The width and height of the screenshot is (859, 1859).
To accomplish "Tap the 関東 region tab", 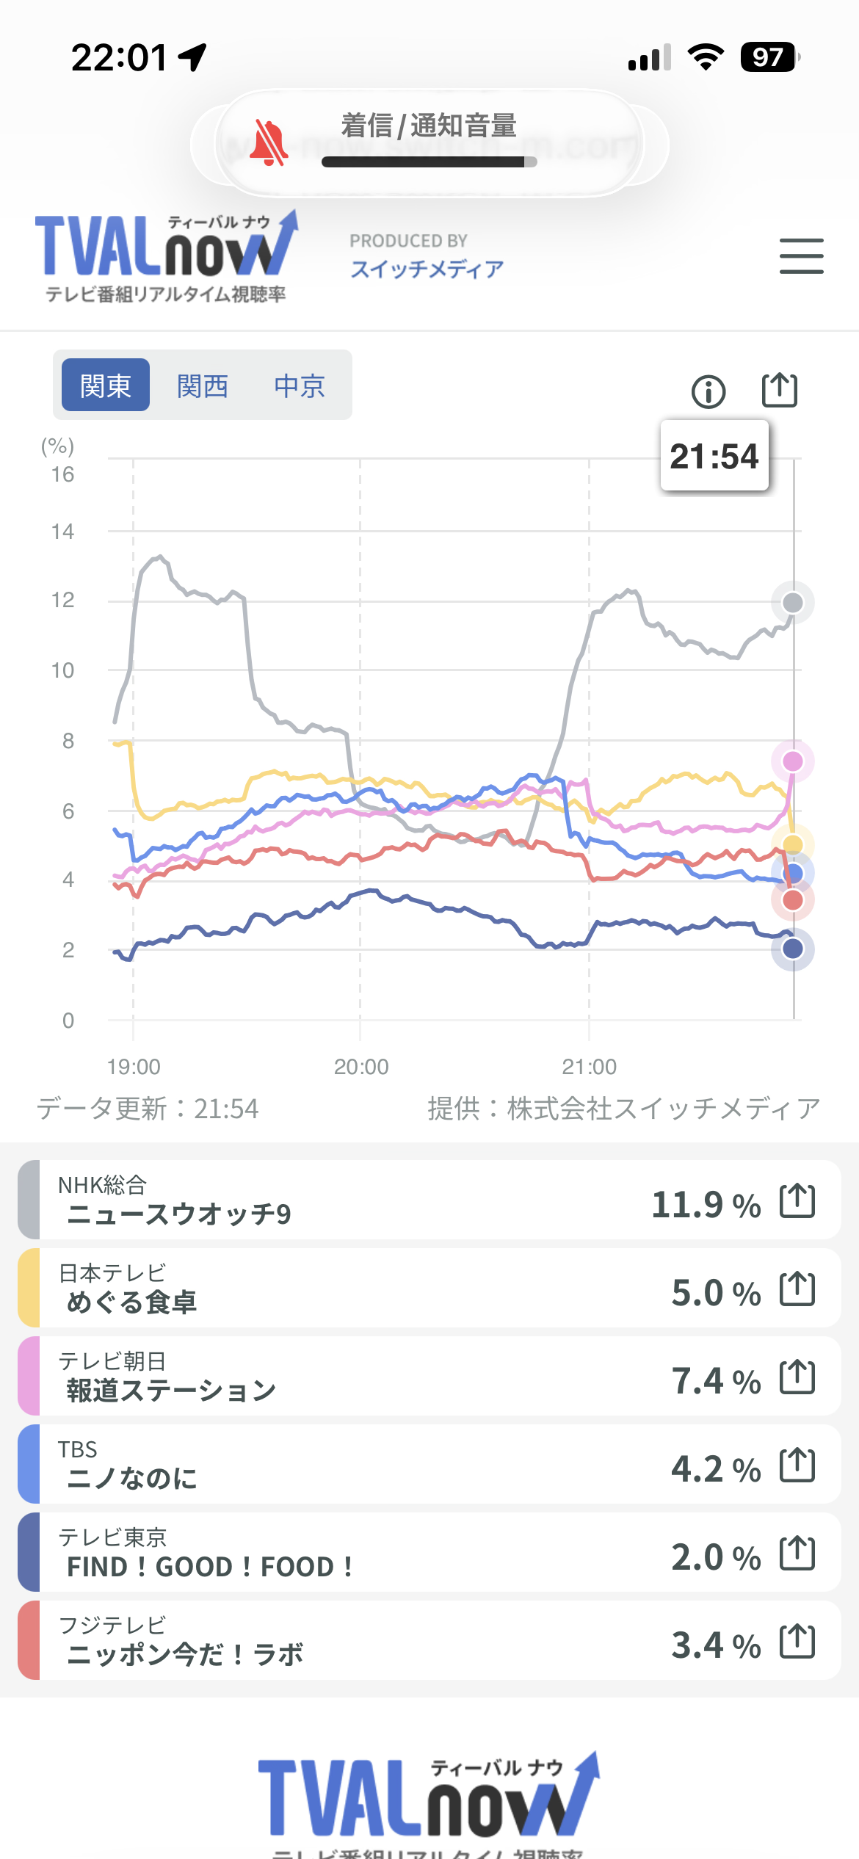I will [106, 385].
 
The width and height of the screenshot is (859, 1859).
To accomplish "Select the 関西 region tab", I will [203, 385].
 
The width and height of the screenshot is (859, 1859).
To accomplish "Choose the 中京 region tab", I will [300, 385].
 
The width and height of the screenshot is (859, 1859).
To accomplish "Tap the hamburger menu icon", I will [801, 256].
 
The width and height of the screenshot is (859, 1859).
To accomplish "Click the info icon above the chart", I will [708, 391].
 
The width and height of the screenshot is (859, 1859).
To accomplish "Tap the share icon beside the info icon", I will [779, 390].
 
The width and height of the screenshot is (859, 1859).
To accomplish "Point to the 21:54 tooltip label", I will [714, 456].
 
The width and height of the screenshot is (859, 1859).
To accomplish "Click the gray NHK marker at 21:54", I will [793, 603].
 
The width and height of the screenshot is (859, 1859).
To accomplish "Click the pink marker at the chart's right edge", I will [793, 761].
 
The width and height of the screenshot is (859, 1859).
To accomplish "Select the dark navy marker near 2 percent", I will [793, 949].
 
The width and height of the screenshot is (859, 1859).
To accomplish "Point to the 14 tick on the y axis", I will [63, 532].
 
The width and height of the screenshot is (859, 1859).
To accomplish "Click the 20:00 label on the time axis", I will [361, 1067].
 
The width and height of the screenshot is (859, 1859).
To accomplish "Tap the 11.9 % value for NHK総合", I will [706, 1205].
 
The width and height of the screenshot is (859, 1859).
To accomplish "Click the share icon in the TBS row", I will [797, 1465].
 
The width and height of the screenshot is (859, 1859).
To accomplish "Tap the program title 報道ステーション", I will [171, 1390].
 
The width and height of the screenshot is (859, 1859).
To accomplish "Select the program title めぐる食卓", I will [132, 1302].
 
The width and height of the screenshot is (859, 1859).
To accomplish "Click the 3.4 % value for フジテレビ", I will [716, 1645].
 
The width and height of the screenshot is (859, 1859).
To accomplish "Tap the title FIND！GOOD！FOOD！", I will [210, 1567].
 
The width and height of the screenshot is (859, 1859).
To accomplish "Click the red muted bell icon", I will [268, 143].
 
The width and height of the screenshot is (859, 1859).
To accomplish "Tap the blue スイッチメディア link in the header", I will [427, 269].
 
